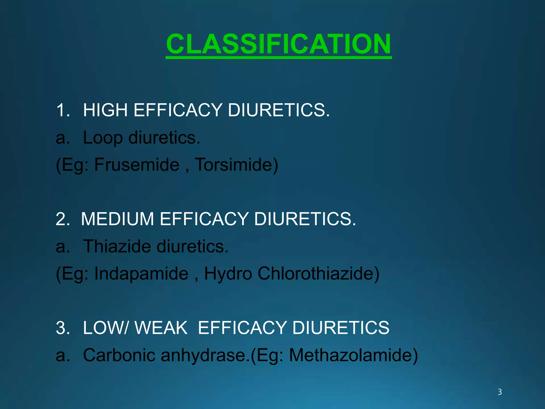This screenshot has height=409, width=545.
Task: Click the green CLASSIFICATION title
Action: (278, 44)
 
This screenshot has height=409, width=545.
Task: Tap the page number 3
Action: (499, 392)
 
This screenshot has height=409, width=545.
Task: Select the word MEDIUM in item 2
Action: (117, 219)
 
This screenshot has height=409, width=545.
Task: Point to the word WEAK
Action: (161, 328)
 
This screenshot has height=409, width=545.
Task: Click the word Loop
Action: (103, 138)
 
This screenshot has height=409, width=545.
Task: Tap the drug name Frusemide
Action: (137, 165)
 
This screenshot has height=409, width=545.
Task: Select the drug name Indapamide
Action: (141, 273)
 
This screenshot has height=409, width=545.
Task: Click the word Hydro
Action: (228, 274)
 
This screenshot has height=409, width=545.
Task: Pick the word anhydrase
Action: (203, 355)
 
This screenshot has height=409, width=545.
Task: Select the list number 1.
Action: (62, 110)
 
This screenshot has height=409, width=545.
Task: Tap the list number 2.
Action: (62, 219)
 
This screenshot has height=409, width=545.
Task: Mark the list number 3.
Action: (62, 328)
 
